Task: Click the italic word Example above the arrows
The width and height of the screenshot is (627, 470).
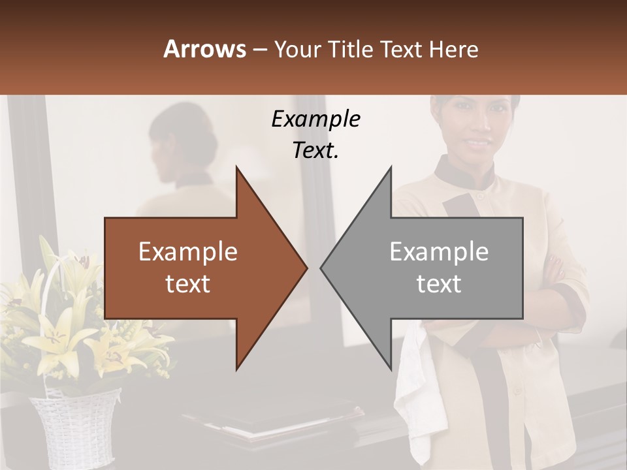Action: pos(315,119)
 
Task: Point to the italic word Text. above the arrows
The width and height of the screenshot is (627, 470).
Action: pos(315,151)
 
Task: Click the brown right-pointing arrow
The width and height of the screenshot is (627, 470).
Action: pos(196,268)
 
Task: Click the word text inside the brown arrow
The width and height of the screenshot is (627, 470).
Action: pos(188,284)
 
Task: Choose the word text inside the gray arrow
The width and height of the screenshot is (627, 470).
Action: pos(439,284)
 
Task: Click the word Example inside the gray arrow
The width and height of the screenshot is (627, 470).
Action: pos(439,251)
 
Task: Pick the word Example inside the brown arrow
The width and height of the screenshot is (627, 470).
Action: pos(188,251)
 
